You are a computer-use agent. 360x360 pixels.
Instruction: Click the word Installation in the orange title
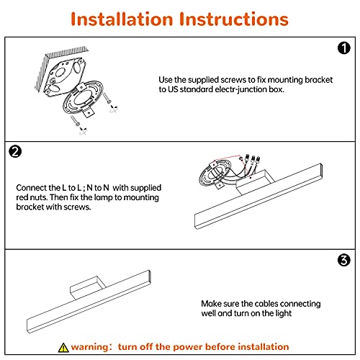point(122,19)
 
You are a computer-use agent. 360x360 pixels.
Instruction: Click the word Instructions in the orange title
point(234,19)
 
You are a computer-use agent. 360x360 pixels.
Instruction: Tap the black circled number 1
point(344,48)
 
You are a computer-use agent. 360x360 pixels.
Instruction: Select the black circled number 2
point(15,152)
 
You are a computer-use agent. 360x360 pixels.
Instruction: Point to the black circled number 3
point(344,260)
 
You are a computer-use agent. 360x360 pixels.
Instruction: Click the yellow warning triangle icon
point(63,348)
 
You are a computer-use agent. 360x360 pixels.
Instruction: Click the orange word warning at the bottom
point(90,347)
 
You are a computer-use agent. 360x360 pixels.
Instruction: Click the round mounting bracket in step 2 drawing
point(215,174)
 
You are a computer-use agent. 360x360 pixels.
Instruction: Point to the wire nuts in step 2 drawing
point(251,159)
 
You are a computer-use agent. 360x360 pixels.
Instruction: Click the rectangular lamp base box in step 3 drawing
point(87,287)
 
